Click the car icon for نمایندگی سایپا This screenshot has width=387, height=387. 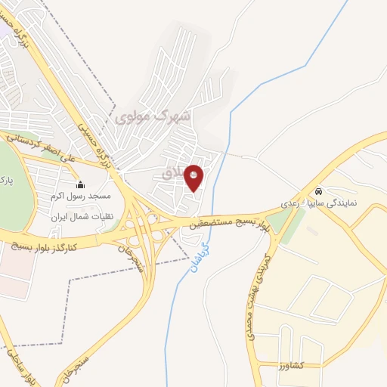pos(320,191)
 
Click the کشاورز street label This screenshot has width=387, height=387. pos(291,365)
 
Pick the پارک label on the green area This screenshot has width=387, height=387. pos(6,181)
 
